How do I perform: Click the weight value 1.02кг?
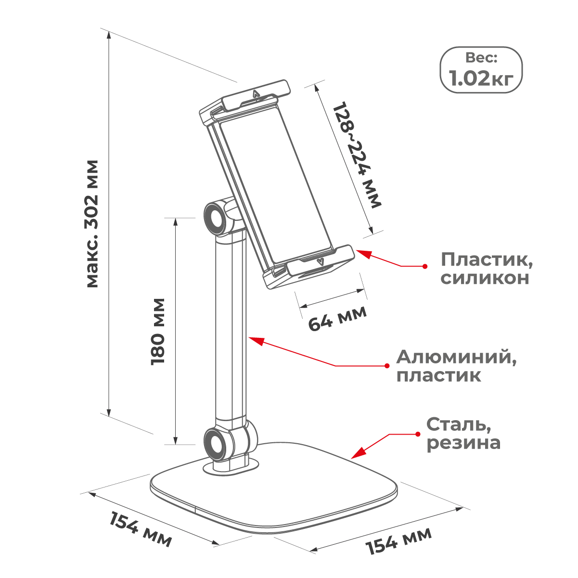tap(481, 79)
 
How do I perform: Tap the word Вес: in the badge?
tap(481, 58)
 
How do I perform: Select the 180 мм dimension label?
tap(158, 332)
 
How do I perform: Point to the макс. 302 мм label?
tap(92, 224)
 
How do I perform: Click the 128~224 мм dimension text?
tap(357, 155)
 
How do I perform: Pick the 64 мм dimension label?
tap(337, 318)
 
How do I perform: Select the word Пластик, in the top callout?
tap(487, 260)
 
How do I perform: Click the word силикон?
tap(485, 278)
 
